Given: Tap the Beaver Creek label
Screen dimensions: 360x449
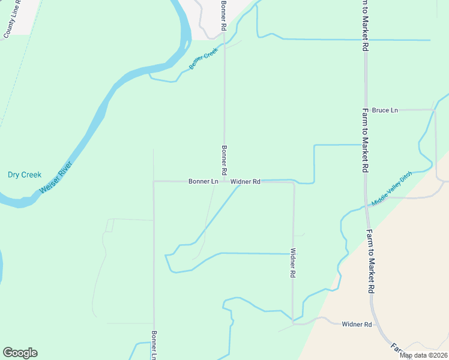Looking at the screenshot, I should [x=202, y=61].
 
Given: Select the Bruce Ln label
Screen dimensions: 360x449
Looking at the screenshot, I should [x=385, y=110].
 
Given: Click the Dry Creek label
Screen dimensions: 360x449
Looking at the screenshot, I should [x=25, y=175].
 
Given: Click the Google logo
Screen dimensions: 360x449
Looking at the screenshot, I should [x=20, y=353].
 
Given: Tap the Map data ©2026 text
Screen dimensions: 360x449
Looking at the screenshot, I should [x=424, y=355].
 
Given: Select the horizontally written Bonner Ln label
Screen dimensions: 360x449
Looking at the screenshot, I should [x=203, y=181].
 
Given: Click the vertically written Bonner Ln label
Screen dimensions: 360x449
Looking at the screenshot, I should [x=154, y=345].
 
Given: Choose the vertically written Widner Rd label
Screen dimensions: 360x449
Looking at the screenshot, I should [x=293, y=263].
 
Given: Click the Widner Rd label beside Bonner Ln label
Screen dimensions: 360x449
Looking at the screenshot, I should [x=245, y=181].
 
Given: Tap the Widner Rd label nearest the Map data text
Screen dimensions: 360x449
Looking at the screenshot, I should [x=357, y=325].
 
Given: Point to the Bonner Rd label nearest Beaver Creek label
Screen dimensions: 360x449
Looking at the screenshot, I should [x=223, y=16].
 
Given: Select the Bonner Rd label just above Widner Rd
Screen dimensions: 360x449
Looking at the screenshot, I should [x=224, y=160].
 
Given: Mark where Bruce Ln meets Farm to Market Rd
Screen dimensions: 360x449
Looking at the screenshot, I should [x=365, y=110].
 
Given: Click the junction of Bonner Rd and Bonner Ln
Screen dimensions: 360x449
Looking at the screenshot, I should [x=224, y=181].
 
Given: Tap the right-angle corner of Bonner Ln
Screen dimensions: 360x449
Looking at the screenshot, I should [x=154, y=181].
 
